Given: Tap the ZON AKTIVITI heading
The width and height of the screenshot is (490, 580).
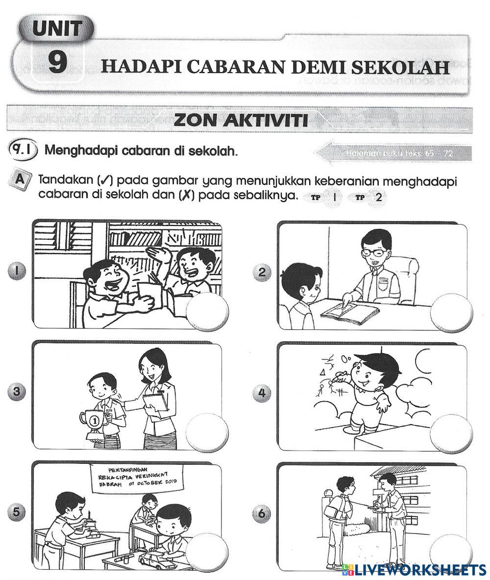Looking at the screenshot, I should (x=241, y=120).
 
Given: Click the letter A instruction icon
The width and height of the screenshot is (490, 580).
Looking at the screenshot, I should (x=20, y=180).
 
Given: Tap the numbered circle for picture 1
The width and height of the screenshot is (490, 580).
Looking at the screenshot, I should (x=17, y=269).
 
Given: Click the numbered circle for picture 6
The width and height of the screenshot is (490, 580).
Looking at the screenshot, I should (x=262, y=513).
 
